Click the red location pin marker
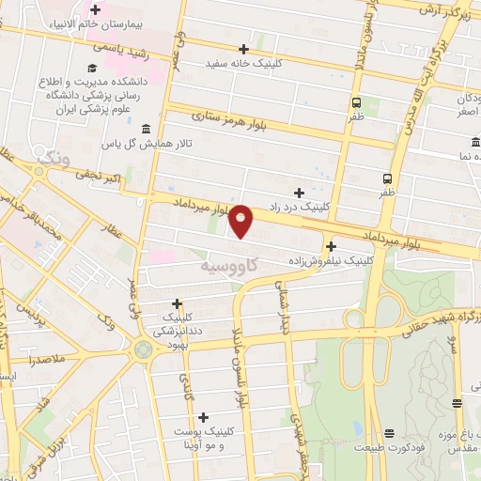tap(242, 220)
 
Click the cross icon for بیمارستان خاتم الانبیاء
tap(96, 9)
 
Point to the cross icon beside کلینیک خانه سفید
tap(244, 48)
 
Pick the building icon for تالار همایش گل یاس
tap(145, 129)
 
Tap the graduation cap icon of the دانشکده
tap(92, 68)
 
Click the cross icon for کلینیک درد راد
tap(300, 192)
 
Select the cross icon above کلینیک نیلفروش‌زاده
tap(331, 245)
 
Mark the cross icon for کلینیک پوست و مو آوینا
tap(203, 416)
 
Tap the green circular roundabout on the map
tap(145, 349)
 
